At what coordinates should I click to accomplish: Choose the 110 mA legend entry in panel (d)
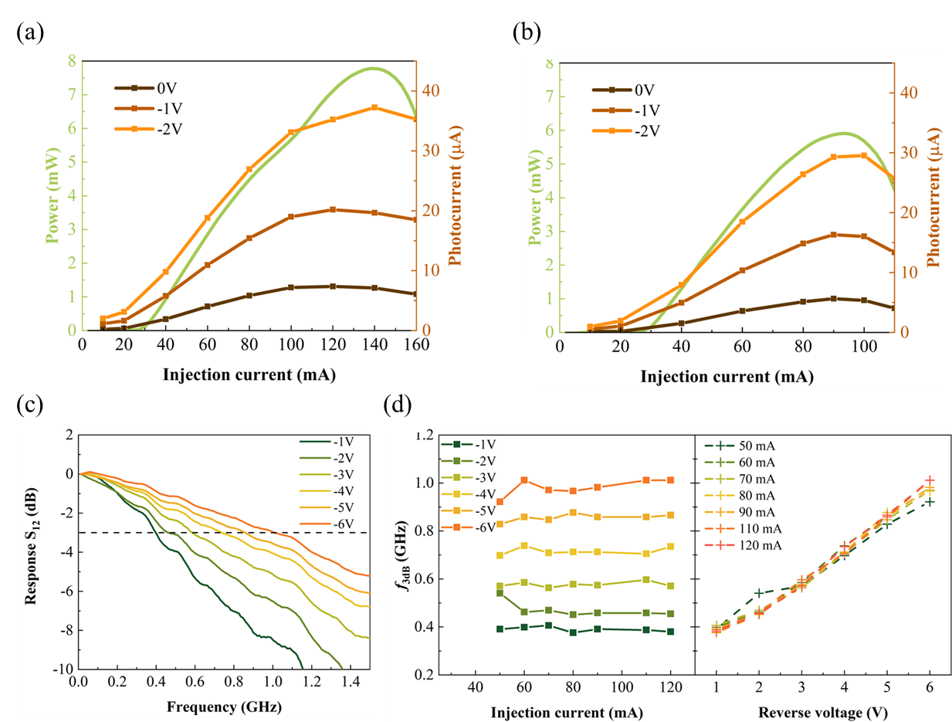(x=738, y=528)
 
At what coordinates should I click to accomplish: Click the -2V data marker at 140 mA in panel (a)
(x=374, y=107)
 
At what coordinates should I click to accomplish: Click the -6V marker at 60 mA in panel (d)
(x=524, y=480)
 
